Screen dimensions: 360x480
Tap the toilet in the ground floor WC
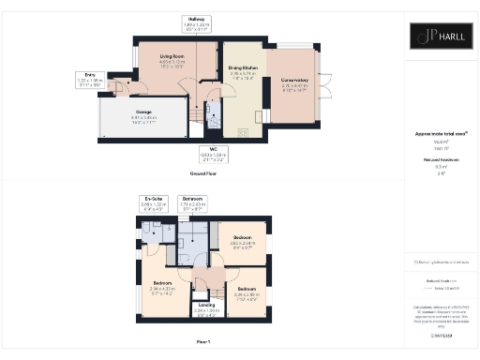214,127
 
